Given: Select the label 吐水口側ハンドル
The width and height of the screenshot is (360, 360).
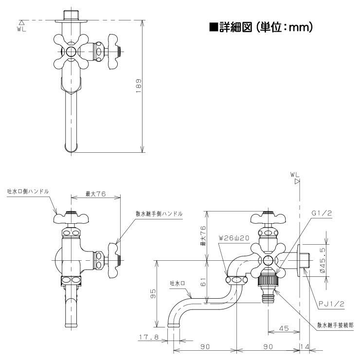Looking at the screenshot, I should [28, 192].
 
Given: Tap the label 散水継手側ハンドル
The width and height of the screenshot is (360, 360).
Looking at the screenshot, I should [159, 214].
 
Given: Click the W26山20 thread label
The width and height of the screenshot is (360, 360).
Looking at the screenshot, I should [234, 238].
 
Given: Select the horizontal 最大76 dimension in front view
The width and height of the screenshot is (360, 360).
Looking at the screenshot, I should [95, 194].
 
